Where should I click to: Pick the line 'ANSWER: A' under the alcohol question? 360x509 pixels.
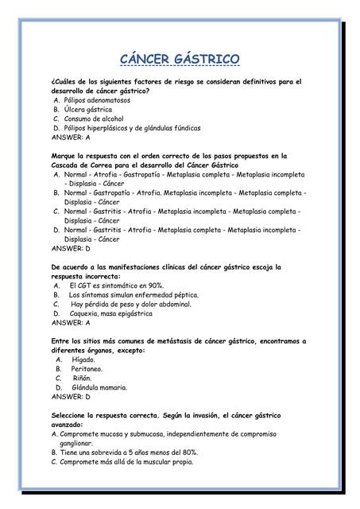pos(70,137)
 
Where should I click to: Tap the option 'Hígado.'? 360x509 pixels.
pos(83,359)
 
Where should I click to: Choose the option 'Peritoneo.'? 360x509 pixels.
pos(87,369)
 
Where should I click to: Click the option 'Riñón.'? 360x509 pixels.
pos(82,379)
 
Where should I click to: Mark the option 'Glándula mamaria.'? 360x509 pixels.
pos(99,387)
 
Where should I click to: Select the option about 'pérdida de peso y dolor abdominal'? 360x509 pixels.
pos(130,304)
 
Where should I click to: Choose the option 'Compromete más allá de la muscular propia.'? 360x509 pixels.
pos(126,461)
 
